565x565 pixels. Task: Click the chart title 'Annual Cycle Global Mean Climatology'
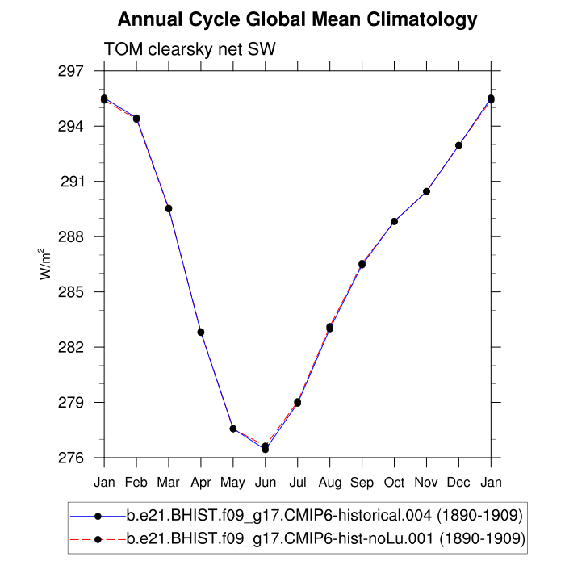[298, 19]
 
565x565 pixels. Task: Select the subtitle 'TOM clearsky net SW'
[190, 50]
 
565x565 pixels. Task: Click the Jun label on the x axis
[266, 482]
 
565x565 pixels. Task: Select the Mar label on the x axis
[169, 482]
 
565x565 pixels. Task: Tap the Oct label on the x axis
[395, 482]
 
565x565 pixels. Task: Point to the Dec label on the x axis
[459, 482]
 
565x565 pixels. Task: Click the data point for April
[201, 332]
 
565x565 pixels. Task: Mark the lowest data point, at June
[266, 447]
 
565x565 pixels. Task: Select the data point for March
[169, 208]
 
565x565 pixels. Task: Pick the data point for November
[427, 191]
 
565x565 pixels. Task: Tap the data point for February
[136, 119]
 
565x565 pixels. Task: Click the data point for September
[362, 264]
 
